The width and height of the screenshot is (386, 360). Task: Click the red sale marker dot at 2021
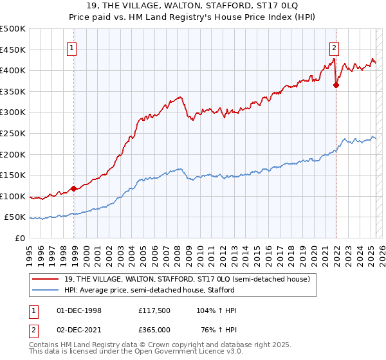coord(336,84)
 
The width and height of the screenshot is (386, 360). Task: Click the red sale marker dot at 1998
coord(74,188)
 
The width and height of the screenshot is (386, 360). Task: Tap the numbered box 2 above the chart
coord(335,47)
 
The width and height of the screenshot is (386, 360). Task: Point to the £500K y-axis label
coord(13,29)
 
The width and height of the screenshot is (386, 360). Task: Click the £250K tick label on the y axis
coord(13,134)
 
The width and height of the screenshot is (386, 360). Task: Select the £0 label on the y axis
coord(19,239)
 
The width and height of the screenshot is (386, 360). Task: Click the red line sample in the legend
coord(46,278)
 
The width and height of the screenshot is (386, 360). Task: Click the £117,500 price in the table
coord(154,310)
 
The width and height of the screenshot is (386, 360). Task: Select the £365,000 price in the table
coord(154,329)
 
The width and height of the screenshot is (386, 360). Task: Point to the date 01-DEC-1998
coord(79,310)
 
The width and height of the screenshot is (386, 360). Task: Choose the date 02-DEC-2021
coord(79,329)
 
